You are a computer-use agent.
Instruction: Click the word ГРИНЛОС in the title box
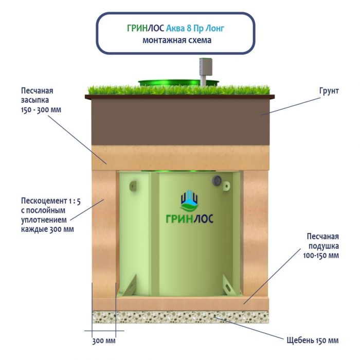click(146, 28)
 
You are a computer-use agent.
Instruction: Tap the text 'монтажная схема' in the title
click(176, 40)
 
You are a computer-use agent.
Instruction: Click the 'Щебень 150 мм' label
click(313, 340)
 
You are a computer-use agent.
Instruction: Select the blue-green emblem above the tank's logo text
click(189, 200)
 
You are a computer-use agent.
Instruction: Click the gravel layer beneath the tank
click(180, 317)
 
